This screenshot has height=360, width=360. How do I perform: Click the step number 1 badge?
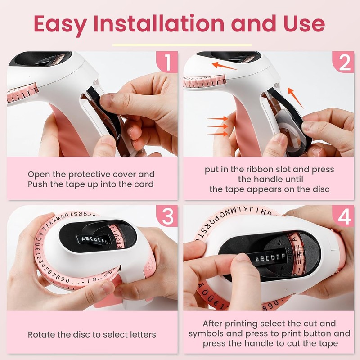(167, 62)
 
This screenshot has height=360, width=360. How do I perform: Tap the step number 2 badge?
(343, 62)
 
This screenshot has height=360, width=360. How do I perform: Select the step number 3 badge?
(167, 216)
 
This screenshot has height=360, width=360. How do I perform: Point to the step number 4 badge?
(343, 216)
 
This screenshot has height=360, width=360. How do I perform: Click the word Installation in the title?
(159, 23)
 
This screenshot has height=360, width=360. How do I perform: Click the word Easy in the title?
(60, 25)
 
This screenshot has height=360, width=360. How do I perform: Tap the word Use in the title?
(304, 24)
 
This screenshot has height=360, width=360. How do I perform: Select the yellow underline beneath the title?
(182, 45)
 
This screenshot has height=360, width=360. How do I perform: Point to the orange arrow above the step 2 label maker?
(224, 66)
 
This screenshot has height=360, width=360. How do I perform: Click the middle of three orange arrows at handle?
(217, 126)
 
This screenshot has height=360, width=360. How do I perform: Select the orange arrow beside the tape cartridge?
(295, 98)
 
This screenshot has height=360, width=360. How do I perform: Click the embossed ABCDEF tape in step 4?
(270, 258)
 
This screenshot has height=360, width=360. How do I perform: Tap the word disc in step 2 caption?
(322, 189)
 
